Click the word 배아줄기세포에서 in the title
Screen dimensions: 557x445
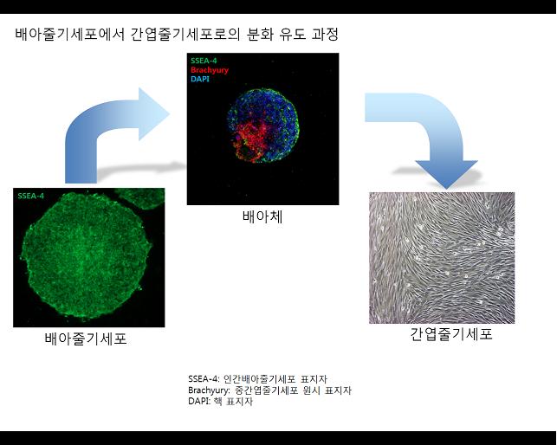tap(70, 35)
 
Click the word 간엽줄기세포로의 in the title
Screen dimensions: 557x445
tap(185, 35)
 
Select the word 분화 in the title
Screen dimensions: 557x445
tap(259, 35)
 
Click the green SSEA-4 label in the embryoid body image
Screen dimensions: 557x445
tap(204, 61)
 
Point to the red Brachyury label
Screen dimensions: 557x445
tap(210, 70)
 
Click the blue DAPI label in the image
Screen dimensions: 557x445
tap(200, 79)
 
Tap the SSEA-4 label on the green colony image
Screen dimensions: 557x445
tap(31, 196)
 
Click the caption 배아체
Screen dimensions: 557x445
tap(262, 216)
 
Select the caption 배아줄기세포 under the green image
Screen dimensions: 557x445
tap(86, 339)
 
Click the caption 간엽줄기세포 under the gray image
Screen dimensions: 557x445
tap(451, 334)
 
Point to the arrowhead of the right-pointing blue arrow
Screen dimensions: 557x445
tap(153, 114)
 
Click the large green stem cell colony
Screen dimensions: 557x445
tap(86, 255)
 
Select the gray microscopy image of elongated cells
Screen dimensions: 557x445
tap(442, 258)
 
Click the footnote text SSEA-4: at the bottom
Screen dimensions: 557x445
tap(204, 379)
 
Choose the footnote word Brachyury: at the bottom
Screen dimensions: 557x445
tap(210, 390)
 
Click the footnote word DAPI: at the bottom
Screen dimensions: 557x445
tap(199, 402)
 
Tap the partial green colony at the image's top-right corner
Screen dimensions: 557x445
tap(141, 197)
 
